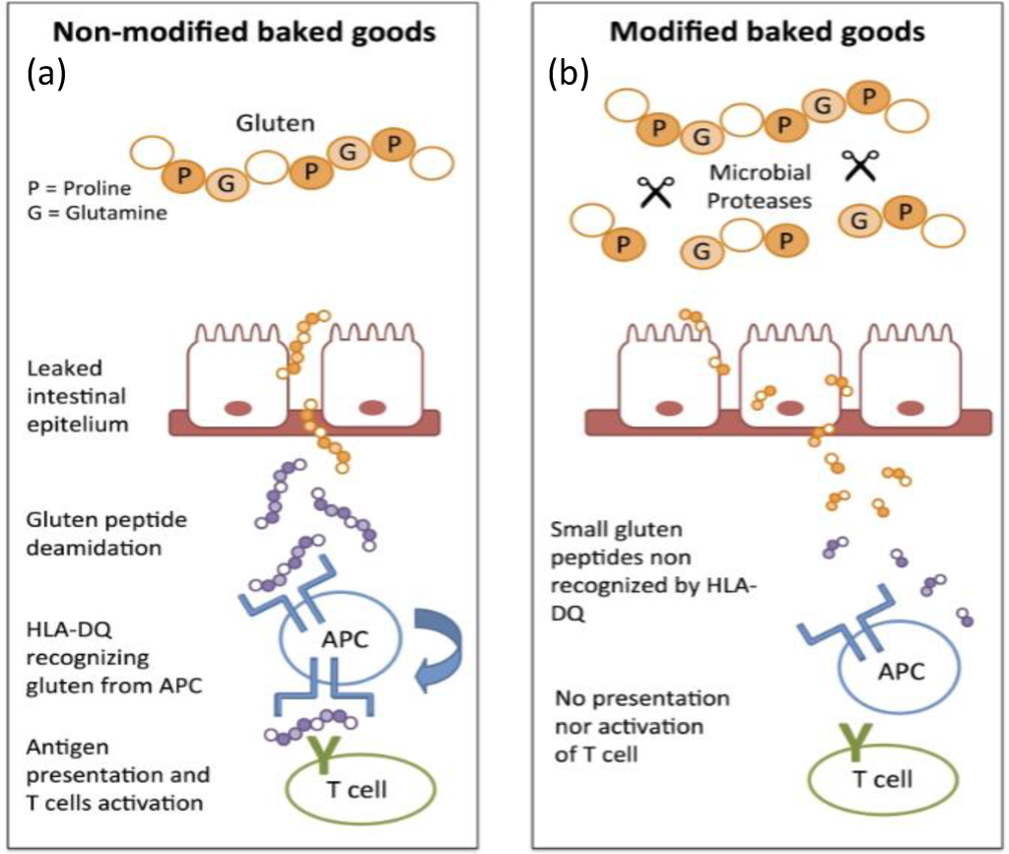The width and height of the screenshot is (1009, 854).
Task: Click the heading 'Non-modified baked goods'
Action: (x=243, y=32)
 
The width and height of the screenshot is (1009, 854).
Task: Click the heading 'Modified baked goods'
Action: (x=768, y=32)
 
